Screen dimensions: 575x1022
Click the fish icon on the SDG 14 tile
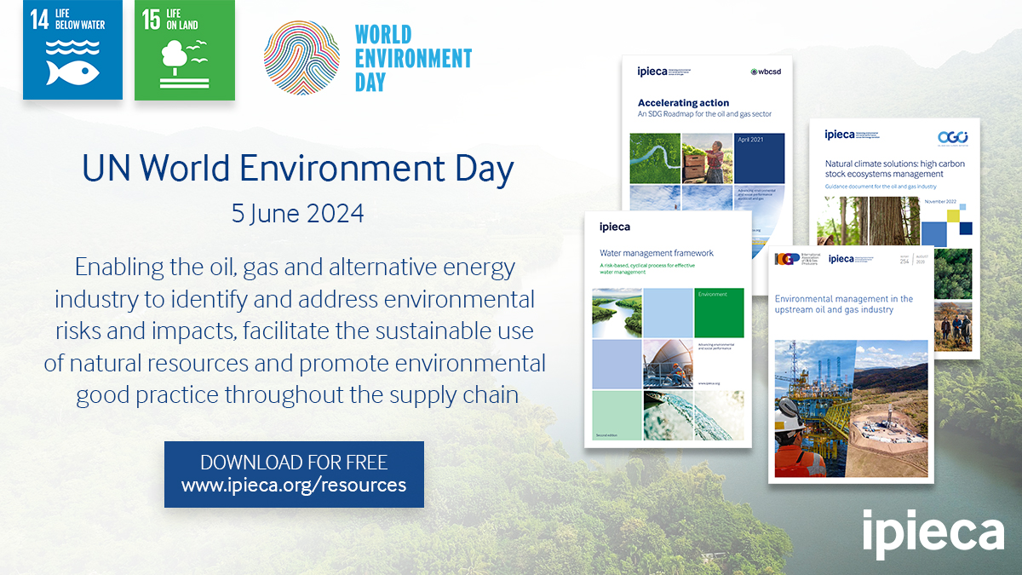point(72,72)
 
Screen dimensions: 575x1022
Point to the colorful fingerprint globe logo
point(301,59)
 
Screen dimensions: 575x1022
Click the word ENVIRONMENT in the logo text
point(413,59)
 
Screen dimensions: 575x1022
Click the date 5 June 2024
point(297,213)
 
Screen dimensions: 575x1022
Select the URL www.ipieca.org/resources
point(294,486)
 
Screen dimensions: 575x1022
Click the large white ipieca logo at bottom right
point(933,530)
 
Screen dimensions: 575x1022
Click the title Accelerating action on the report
point(683,102)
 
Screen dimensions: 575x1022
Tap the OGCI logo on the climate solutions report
point(952,136)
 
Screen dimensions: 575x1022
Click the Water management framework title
point(656,253)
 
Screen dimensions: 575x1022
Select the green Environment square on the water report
point(719,312)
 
